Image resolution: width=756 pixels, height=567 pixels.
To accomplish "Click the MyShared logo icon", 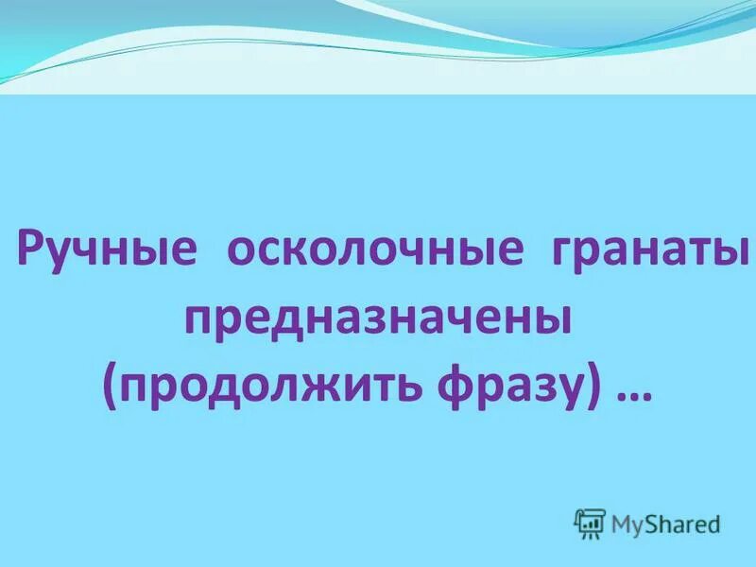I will [x=590, y=523].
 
